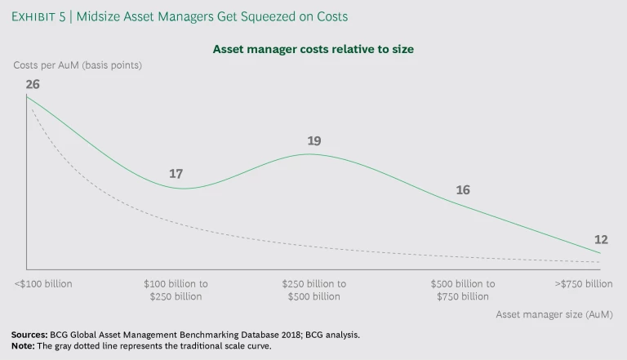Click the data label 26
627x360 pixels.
(33, 83)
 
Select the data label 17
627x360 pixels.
(176, 174)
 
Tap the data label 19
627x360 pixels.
(314, 140)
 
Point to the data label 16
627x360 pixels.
(463, 189)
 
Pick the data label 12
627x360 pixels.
(601, 239)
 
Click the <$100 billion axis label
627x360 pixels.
(43, 284)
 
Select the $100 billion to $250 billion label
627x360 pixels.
(176, 290)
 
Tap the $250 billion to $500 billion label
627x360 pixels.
(314, 290)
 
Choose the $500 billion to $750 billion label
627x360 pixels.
(463, 290)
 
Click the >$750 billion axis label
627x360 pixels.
(583, 284)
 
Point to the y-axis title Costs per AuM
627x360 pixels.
(78, 65)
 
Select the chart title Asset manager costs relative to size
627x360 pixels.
(313, 49)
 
